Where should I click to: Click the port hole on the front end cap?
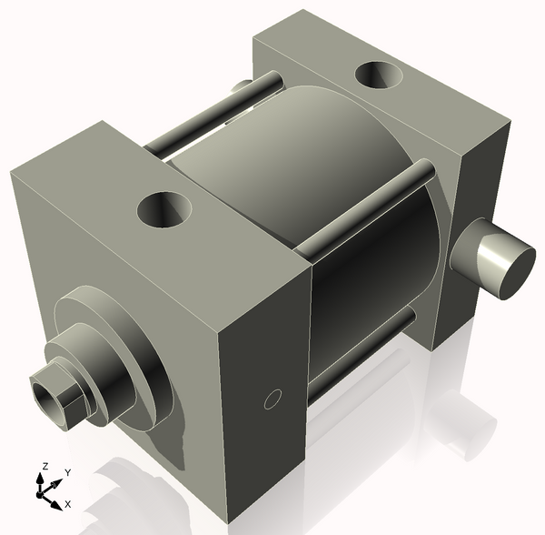tap(165, 211)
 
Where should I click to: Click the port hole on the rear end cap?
tap(381, 76)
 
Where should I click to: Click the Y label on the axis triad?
tap(67, 473)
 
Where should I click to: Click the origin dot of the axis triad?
tap(40, 494)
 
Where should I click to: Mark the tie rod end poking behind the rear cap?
tap(241, 86)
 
